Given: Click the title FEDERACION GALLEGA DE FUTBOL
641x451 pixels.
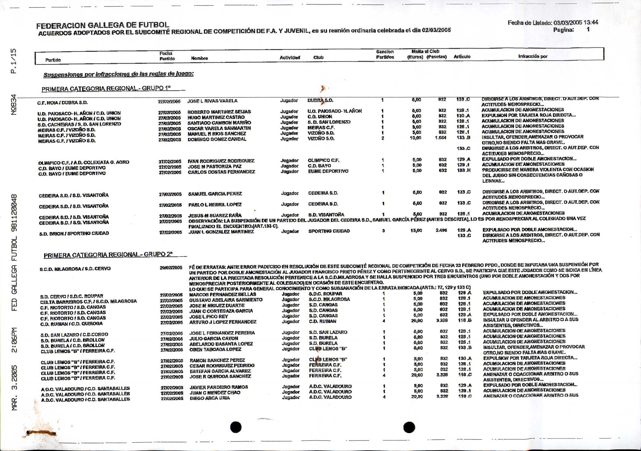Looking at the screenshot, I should [x=103, y=25].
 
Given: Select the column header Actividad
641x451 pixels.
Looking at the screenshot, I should [x=289, y=58].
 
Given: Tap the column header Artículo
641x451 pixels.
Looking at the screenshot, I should [x=462, y=57].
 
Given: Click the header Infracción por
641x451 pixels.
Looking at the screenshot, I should [x=533, y=56].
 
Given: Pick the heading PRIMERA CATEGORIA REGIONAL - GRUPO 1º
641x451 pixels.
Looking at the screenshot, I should [x=106, y=89].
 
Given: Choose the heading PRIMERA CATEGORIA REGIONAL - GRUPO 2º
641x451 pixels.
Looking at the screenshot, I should [x=108, y=255].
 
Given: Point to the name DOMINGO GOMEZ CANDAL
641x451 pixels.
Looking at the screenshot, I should [x=217, y=139].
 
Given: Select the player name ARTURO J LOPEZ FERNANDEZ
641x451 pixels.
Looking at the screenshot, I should [x=223, y=322].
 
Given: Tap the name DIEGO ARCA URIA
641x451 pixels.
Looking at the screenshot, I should [x=210, y=398].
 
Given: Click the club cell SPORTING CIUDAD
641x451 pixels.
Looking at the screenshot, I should [x=329, y=231].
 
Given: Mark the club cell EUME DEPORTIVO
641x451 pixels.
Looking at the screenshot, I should [x=328, y=171].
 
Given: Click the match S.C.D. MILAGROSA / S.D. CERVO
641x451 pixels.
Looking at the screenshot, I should [x=75, y=269].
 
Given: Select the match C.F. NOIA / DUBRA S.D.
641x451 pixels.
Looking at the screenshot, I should [x=62, y=103].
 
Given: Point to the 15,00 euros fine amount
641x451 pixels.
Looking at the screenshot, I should [x=416, y=231].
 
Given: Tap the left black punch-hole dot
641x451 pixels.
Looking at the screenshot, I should [x=236, y=427].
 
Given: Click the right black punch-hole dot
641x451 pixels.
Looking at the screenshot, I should [x=409, y=427].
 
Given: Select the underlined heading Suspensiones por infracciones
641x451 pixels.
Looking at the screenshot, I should [x=118, y=74].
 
